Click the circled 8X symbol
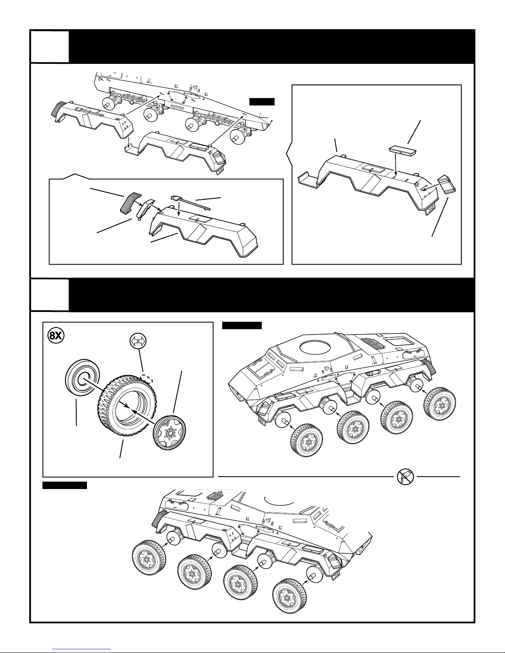56,335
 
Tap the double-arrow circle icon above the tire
138,341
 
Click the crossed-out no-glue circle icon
405,477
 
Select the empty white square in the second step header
50,295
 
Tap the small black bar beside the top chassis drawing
262,102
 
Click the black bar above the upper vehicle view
242,325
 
